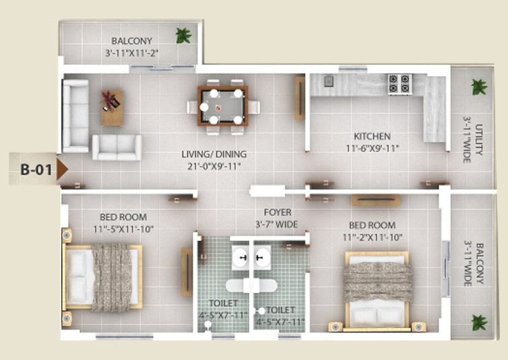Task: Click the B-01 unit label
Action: click(x=36, y=169)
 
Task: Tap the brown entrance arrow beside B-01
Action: click(x=62, y=169)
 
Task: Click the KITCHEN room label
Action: click(x=372, y=136)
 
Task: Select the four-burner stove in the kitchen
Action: click(x=400, y=84)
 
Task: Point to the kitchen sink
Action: click(x=329, y=81)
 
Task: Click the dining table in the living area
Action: click(x=223, y=106)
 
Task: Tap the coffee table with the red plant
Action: click(x=112, y=108)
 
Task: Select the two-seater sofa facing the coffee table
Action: click(x=117, y=148)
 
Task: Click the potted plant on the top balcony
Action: click(x=183, y=35)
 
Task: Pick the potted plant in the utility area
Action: click(x=479, y=87)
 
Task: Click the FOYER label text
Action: click(x=278, y=212)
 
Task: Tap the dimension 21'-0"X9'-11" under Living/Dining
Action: click(x=214, y=167)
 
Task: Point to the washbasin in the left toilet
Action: click(x=241, y=258)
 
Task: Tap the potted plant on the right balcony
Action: click(x=479, y=322)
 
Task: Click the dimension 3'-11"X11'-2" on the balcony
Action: click(x=132, y=53)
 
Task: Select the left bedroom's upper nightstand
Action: click(x=67, y=235)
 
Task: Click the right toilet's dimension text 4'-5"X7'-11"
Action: click(x=280, y=322)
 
